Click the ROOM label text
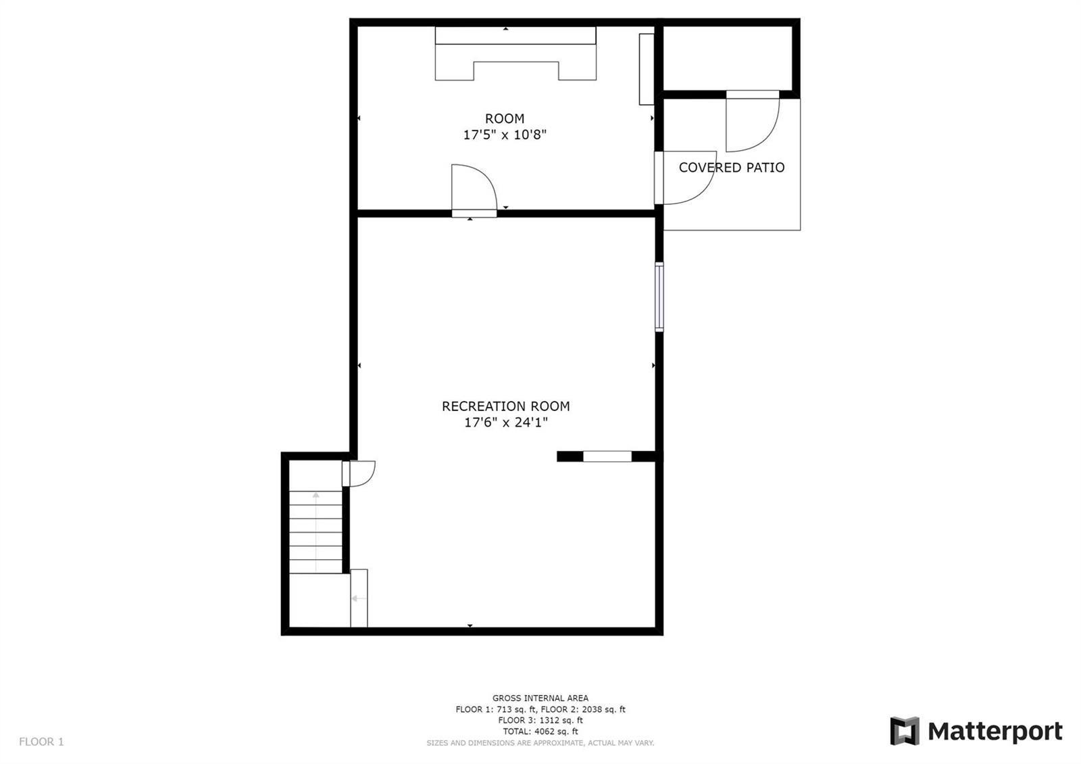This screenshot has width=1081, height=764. point(504,118)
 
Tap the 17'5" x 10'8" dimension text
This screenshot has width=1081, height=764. point(504,135)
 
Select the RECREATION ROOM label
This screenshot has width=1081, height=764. point(506,406)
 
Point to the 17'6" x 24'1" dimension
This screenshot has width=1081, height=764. point(506,423)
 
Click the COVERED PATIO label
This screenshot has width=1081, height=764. point(732,168)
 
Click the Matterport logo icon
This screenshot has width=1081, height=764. point(905,731)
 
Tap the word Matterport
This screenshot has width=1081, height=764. point(995,732)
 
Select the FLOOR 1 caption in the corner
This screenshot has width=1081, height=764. point(41,742)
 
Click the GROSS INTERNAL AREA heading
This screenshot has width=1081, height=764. point(540,698)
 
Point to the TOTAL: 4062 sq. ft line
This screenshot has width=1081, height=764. point(540,732)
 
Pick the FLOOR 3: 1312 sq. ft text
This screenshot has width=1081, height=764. point(540,721)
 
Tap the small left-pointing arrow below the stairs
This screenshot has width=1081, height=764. point(358,598)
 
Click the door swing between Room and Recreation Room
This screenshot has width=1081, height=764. point(474,189)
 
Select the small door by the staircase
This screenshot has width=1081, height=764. point(359,474)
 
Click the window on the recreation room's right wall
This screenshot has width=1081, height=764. point(659,297)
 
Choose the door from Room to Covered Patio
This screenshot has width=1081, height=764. point(685,178)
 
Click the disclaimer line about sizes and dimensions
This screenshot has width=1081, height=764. point(540,743)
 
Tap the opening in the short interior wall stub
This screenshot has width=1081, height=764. point(607,456)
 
